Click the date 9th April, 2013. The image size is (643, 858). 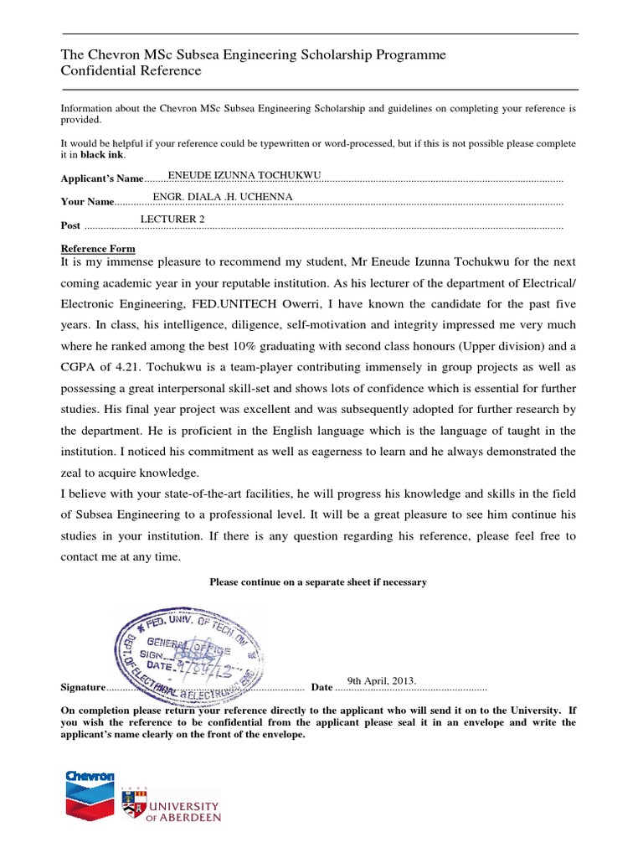point(381,680)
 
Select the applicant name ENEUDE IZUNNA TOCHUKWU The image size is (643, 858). point(244,175)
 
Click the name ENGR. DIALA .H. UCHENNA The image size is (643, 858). point(223,197)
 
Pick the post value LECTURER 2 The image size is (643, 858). point(172,220)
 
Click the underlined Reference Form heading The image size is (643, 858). point(98,249)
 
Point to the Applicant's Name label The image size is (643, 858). point(102,179)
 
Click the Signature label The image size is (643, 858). point(84,688)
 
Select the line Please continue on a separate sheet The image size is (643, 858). point(318,581)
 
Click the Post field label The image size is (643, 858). point(71,225)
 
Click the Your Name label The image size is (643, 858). point(87,202)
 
